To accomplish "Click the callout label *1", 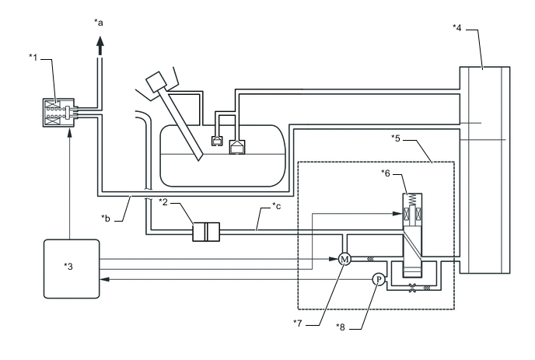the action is [x=33, y=58].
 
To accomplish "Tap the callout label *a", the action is [x=99, y=23].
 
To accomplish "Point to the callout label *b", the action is [x=106, y=218].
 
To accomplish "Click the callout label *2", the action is [x=163, y=202].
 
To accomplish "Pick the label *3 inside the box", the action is [x=68, y=266].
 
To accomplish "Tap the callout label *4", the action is [x=457, y=28].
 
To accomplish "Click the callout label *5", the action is [x=396, y=138].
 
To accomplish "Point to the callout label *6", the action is [x=386, y=173].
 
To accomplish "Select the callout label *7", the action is [x=298, y=323].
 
